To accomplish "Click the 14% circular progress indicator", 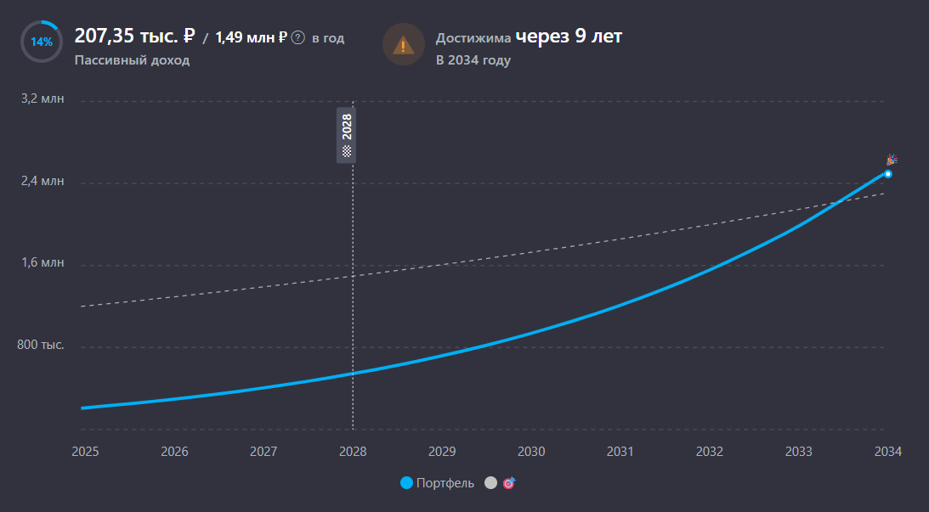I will coord(41,42).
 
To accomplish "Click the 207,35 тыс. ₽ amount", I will coord(135,37).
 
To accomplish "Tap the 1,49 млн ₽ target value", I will coord(251,37).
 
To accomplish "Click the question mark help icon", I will coord(297,38).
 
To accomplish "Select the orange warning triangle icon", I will coord(404,44).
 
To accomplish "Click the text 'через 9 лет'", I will coord(569,37).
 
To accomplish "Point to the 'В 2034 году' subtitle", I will coord(473,60).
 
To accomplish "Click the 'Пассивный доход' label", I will coord(132,60).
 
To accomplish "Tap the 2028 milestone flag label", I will coord(346,135).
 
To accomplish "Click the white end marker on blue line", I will coord(887,174).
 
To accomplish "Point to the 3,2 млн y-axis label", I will coord(42,99).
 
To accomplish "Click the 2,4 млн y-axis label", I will coord(42,182).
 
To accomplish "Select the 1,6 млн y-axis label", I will coord(42,263).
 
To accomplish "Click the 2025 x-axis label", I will coord(85,452).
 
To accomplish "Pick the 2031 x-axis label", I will coord(620,452).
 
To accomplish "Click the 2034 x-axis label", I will coord(887,452).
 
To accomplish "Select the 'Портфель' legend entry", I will coord(438,483).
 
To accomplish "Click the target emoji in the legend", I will coord(509,483).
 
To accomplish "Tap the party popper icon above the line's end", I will coord(892,160).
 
